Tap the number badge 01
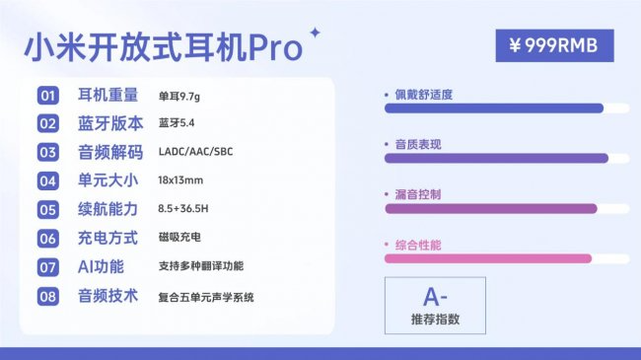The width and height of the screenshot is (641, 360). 48,96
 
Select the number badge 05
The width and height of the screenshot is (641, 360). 48,209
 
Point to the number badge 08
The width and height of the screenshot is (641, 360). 48,296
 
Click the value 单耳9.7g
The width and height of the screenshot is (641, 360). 178,96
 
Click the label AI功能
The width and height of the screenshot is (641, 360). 102,266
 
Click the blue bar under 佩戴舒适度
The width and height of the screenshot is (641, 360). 493,108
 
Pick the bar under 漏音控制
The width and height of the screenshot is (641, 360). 490,208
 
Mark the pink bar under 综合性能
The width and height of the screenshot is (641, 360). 487,258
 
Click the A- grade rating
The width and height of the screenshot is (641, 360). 435,295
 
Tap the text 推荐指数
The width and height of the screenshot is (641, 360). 435,320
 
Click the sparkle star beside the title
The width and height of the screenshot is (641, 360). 316,33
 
